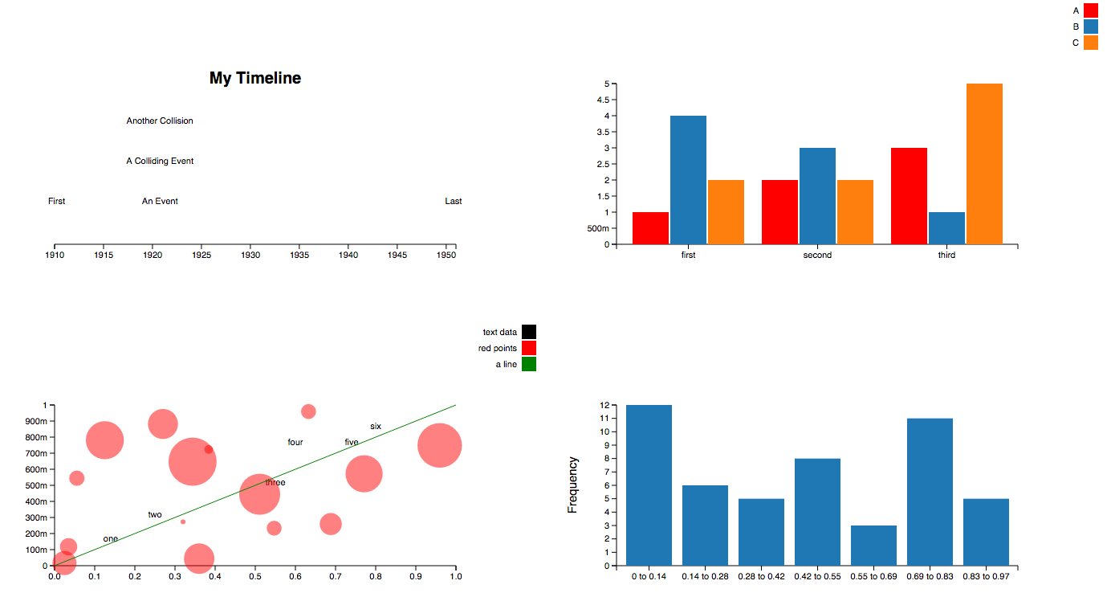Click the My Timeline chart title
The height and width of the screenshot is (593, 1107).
pos(255,78)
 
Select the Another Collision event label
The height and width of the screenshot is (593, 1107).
pos(160,121)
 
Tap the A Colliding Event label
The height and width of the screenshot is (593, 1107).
pos(160,162)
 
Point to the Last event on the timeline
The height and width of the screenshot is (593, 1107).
pos(454,202)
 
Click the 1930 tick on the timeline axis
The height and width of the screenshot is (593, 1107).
pos(250,256)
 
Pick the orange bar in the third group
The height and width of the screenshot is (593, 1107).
pos(984,164)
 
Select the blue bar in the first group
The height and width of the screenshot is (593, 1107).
pos(688,180)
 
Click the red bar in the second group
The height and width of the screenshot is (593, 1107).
pos(779,212)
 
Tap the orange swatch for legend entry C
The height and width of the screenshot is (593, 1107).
pos(1090,43)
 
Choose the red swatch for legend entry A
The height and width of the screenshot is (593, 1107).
pos(1090,10)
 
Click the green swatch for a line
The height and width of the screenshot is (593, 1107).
pos(528,364)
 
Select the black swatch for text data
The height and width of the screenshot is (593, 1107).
pos(528,332)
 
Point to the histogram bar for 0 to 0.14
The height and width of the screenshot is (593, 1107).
pos(649,485)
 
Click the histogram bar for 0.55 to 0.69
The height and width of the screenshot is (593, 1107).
pos(873,546)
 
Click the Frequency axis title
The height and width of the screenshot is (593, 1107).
pos(572,485)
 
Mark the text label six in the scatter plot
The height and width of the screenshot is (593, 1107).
pos(376,427)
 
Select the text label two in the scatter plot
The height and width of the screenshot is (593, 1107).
pos(155,515)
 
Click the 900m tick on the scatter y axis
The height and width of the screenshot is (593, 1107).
pos(35,421)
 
